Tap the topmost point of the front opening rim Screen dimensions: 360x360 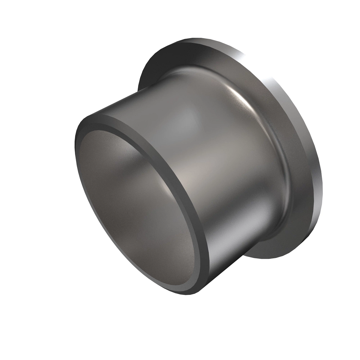coord(99,115)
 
